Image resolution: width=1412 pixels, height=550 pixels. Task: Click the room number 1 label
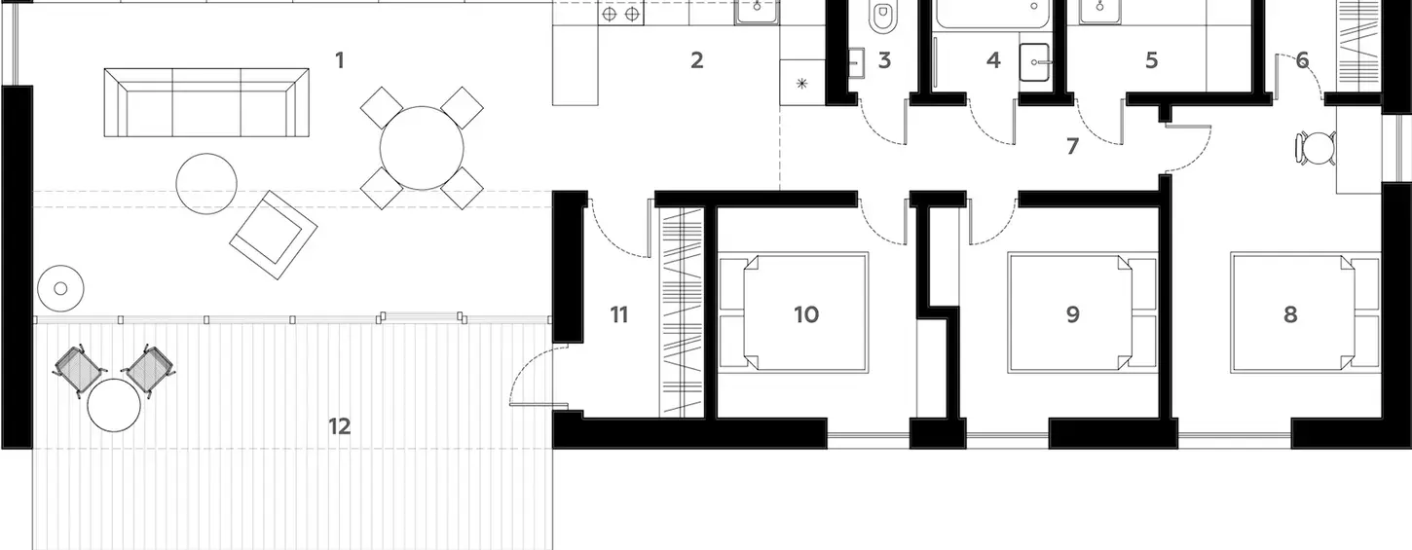(x=340, y=60)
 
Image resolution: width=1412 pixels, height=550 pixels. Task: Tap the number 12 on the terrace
(x=340, y=426)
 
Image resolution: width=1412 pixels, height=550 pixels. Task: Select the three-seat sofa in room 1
(x=206, y=102)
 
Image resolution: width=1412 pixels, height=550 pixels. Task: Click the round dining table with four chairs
(x=422, y=148)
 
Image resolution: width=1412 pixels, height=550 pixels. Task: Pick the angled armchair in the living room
(x=273, y=235)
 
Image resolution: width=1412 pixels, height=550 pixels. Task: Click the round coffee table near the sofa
(x=206, y=184)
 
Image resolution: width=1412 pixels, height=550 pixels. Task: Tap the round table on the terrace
(x=114, y=405)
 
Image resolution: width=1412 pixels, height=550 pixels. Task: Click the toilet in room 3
(x=882, y=16)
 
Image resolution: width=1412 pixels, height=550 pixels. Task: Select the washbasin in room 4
(x=1034, y=62)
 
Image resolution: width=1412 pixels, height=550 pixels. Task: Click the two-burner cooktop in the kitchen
(x=621, y=14)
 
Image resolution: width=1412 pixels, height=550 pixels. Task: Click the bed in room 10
(x=794, y=312)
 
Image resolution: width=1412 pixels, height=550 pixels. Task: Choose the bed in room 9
(x=1082, y=312)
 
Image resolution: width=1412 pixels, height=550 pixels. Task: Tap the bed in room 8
(x=1306, y=312)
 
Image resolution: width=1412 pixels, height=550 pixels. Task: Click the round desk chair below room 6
(x=1317, y=149)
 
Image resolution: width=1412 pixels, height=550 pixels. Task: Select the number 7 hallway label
(x=1072, y=146)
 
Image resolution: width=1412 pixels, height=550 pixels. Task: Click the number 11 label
(x=619, y=314)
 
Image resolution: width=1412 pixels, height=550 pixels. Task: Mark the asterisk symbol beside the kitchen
(x=801, y=83)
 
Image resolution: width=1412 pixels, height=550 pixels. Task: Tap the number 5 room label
(x=1152, y=60)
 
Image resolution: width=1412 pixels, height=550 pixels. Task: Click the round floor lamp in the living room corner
(x=60, y=288)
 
